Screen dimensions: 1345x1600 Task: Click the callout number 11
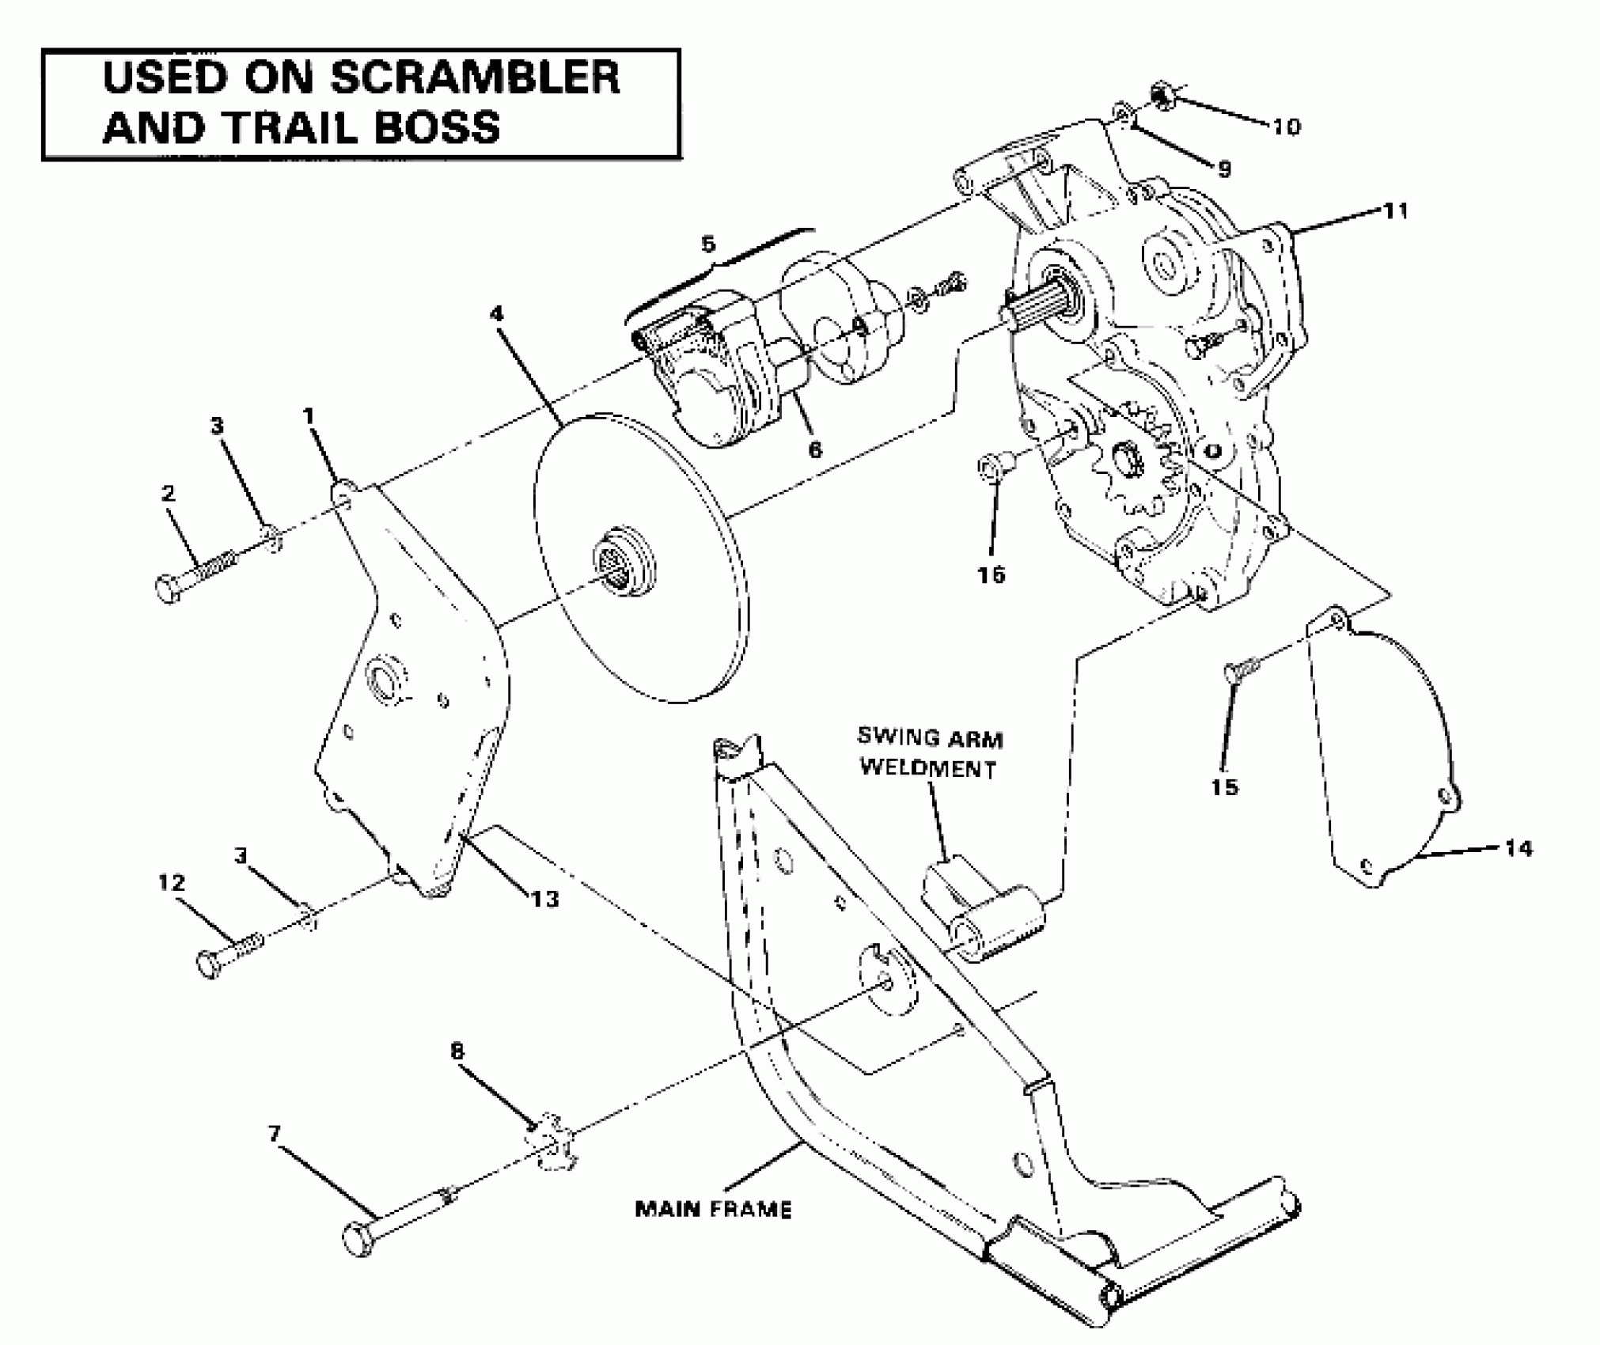click(1396, 211)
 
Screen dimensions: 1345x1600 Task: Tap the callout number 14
click(1518, 849)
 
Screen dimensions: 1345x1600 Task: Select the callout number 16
click(991, 575)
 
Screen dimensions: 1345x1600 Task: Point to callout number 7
click(274, 1135)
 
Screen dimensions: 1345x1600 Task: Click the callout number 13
click(545, 899)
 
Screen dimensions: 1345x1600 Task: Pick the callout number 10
click(1287, 127)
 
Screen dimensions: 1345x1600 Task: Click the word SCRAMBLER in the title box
click(475, 78)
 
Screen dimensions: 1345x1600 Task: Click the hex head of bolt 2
click(168, 589)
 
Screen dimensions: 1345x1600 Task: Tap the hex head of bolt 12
click(209, 965)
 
